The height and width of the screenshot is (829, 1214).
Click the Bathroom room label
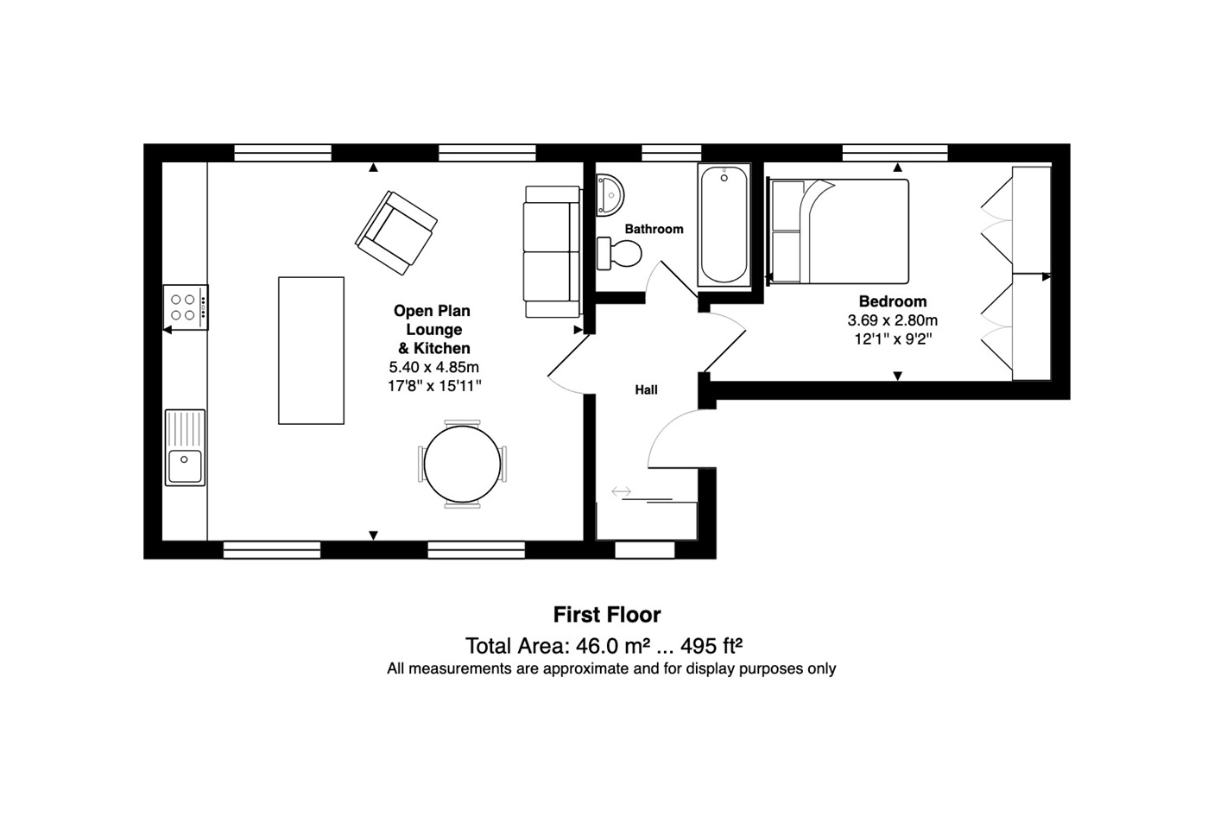click(x=654, y=229)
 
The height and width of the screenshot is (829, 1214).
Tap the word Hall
click(x=646, y=389)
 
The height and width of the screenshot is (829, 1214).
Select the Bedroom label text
click(x=892, y=301)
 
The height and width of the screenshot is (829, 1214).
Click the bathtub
click(x=724, y=225)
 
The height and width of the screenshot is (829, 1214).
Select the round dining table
click(x=462, y=464)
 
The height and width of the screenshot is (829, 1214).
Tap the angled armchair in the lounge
click(x=396, y=232)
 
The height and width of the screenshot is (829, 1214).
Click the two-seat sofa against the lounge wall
click(x=551, y=251)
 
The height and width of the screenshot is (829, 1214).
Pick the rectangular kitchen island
click(x=311, y=351)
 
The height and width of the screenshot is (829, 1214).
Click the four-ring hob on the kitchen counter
click(x=186, y=307)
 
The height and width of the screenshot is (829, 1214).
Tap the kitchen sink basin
click(x=185, y=465)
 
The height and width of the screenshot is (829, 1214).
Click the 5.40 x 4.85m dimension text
click(x=433, y=367)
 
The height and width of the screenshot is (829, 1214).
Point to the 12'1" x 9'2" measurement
click(x=893, y=339)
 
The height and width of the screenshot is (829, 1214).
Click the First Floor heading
click(x=607, y=615)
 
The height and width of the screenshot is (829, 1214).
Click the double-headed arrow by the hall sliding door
click(x=622, y=492)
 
